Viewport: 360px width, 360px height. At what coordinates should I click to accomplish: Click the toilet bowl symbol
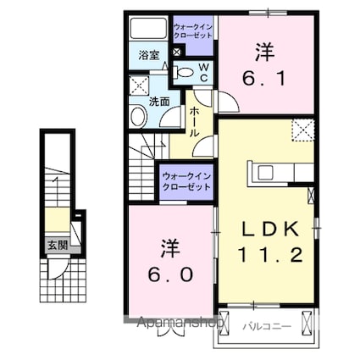pyautogui.click(x=184, y=73)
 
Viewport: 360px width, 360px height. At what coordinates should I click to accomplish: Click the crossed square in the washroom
pyautogui.click(x=138, y=86)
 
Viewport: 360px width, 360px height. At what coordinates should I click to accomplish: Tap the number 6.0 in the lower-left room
pyautogui.click(x=168, y=262)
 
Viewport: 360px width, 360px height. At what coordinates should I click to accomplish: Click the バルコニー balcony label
pyautogui.click(x=264, y=324)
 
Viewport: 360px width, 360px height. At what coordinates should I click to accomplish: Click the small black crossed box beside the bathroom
pyautogui.click(x=175, y=53)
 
